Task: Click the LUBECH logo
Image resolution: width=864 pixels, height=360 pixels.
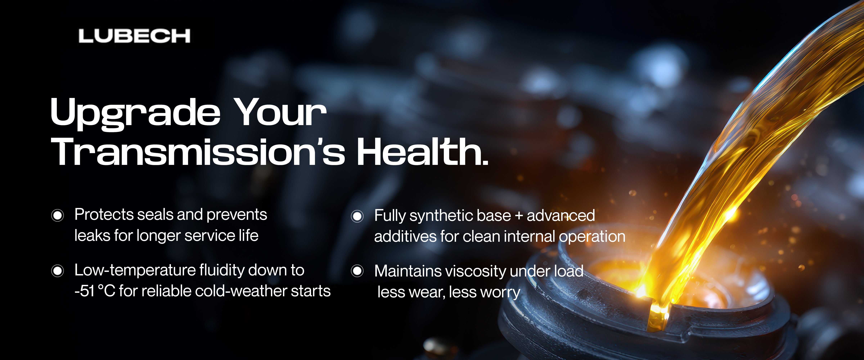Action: [134, 36]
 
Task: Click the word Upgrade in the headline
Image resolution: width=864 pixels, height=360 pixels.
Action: [135, 114]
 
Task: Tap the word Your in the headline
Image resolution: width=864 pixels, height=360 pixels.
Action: [280, 112]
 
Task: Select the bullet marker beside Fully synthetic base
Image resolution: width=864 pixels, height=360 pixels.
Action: [357, 216]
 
